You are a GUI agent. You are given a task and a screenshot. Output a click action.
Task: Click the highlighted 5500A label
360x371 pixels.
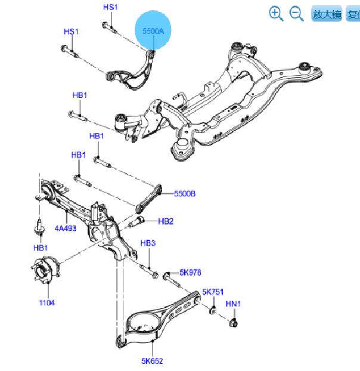[154, 30]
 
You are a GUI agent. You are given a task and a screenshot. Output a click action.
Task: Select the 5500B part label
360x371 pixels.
[185, 194]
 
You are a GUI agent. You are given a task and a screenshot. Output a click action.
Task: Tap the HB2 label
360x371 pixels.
[166, 221]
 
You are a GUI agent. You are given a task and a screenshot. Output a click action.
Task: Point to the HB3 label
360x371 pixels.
[148, 243]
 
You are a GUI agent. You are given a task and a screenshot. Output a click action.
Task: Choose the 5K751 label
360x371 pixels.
[212, 292]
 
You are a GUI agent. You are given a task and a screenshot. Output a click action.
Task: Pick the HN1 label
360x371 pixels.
[233, 304]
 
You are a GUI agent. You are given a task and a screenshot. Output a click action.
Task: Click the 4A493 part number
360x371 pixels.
[67, 227]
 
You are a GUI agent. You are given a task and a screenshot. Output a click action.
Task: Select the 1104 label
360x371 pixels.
[46, 302]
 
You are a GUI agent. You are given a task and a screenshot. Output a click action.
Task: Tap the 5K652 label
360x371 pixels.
[152, 360]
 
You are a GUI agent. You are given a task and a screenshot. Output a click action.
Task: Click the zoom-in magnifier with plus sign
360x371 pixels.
[275, 13]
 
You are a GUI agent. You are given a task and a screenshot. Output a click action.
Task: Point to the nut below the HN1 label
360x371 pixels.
[234, 323]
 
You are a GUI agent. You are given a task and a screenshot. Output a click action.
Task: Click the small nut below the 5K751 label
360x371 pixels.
[212, 310]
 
